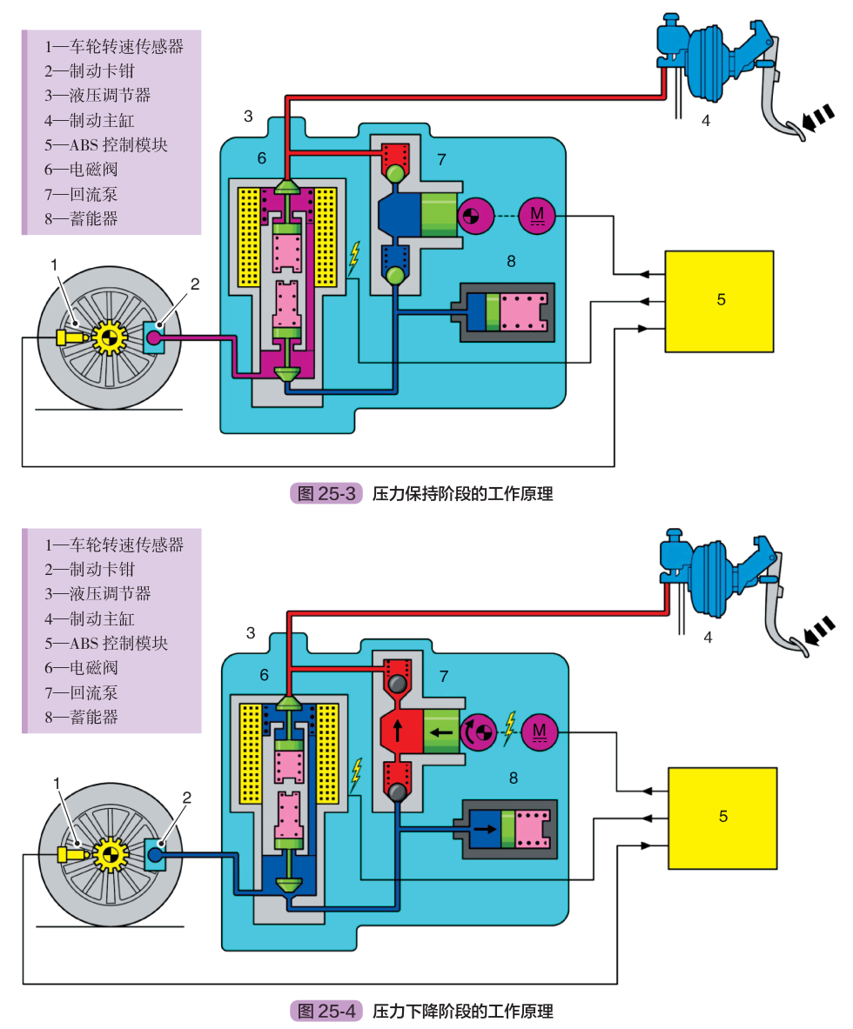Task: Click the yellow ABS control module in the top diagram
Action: pos(719,301)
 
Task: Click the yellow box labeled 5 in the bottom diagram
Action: pos(722,818)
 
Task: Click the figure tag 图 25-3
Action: pos(326,494)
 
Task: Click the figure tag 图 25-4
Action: pos(326,1011)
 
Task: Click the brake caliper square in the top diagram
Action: pos(156,337)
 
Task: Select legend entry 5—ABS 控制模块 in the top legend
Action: pos(106,144)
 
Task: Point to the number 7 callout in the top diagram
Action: pos(441,159)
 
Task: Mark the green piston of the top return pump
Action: pos(438,214)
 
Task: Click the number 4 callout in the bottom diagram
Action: pos(707,638)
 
